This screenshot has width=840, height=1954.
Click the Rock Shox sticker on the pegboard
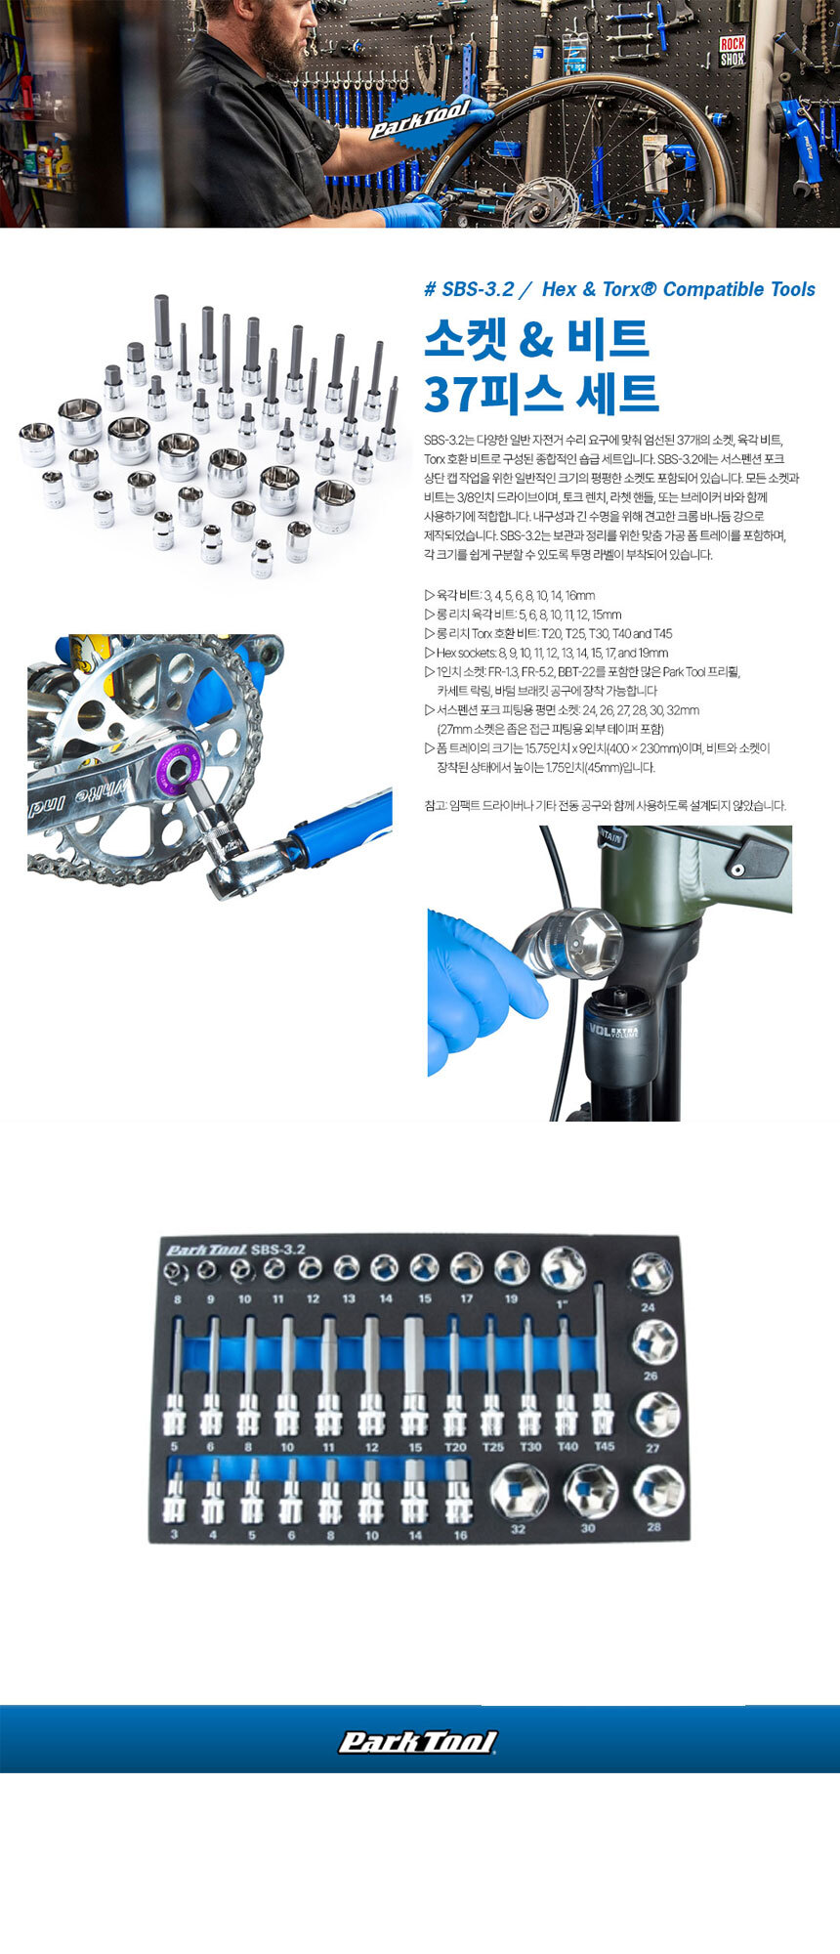coord(733,51)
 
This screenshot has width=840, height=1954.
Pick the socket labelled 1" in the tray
coord(564,1269)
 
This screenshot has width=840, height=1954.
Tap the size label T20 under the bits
coord(455,1447)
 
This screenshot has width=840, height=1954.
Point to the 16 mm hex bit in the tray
coord(457,1491)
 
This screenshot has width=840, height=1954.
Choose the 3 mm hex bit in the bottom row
coord(175,1491)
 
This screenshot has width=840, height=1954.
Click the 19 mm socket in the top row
coord(512,1269)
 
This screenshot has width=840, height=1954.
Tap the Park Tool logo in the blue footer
coord(418,1742)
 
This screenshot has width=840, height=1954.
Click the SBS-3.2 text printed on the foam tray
coord(278,1249)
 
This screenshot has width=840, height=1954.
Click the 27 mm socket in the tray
coord(657,1415)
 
